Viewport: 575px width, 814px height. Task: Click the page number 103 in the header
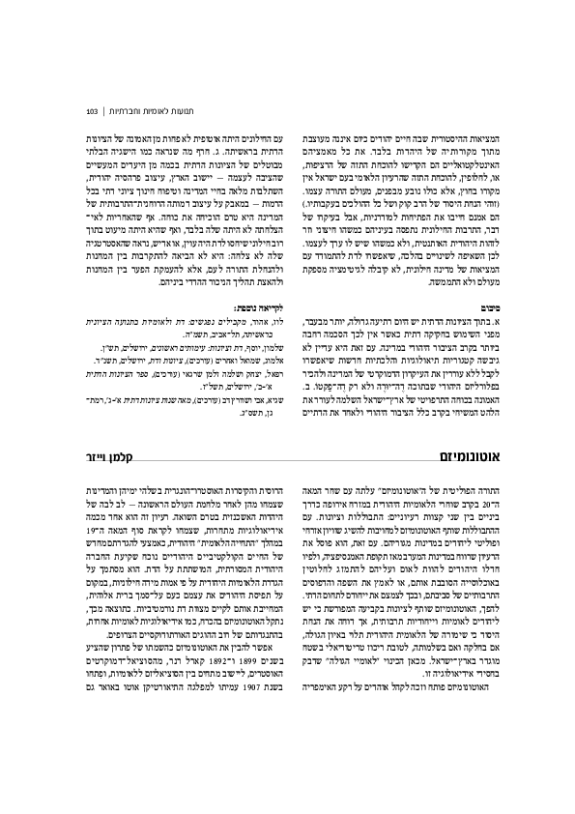pyautogui.click(x=92, y=109)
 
